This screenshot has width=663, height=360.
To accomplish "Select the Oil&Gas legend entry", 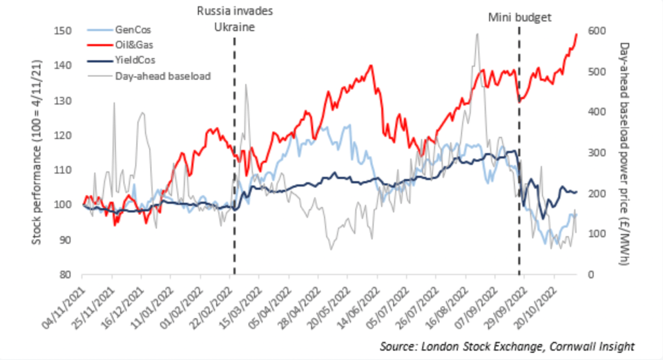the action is (120, 45).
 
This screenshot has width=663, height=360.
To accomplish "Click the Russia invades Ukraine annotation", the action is (235, 19).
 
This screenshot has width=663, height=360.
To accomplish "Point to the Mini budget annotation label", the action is (519, 18).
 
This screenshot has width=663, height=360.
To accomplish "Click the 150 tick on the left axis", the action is (63, 31).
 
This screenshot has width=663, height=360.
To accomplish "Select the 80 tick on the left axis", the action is (65, 274).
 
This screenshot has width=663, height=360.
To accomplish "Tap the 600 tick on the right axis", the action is (597, 31).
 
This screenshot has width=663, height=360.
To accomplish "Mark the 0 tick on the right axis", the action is (590, 274).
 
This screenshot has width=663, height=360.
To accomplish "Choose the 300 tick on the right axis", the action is (597, 153).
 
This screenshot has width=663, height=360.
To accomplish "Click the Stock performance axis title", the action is (37, 152).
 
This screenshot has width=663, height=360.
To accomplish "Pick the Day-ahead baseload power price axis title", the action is (624, 153).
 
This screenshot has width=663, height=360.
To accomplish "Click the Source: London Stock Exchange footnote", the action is (507, 346).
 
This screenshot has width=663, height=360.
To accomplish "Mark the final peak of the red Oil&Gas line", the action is (576, 35).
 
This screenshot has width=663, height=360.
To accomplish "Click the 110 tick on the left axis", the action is (63, 170).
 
